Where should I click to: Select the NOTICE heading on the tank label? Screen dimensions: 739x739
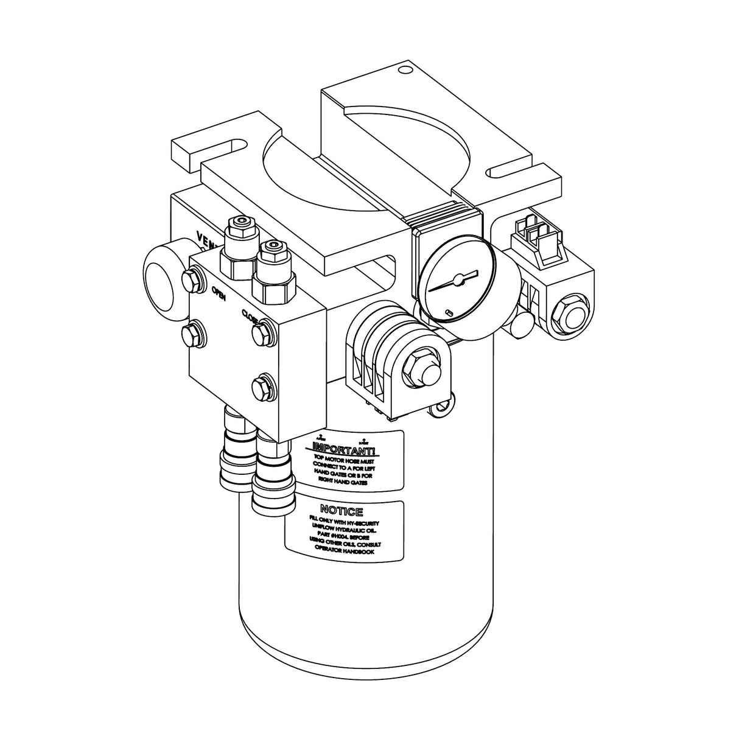coord(341,510)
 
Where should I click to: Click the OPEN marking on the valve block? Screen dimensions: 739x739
coord(219,296)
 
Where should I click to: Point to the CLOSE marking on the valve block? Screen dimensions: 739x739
coord(250,316)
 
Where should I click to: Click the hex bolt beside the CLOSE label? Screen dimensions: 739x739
coord(261,333)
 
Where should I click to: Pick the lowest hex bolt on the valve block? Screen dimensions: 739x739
coord(262,385)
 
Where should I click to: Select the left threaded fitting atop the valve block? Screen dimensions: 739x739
coord(240,234)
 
